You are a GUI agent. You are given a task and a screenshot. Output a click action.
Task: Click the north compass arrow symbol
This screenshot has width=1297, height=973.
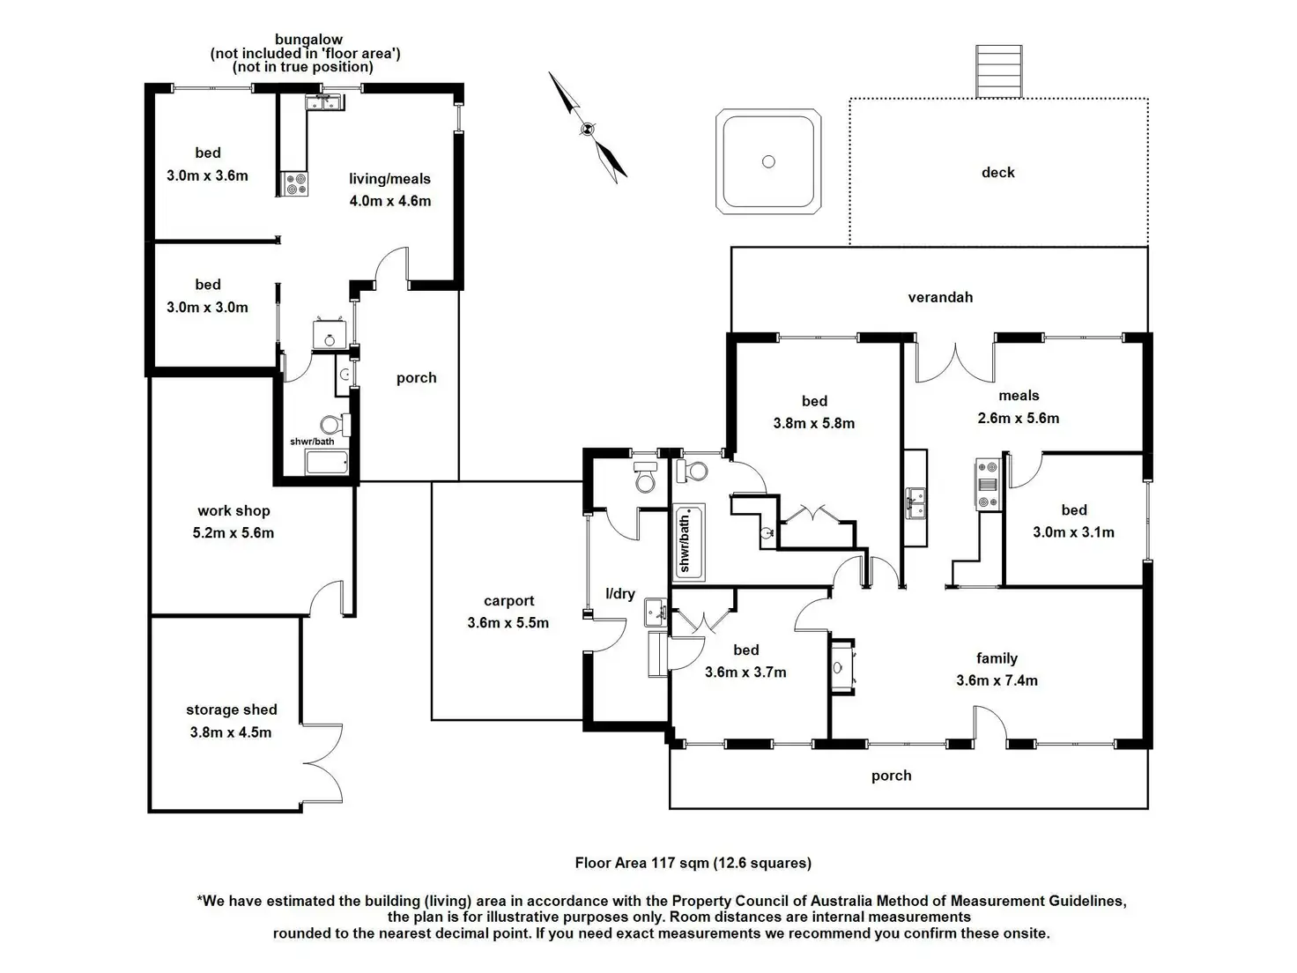point(588,128)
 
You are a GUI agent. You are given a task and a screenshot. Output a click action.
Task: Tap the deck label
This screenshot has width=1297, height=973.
point(997,173)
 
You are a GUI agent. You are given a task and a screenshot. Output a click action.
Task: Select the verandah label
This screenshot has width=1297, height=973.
point(940,297)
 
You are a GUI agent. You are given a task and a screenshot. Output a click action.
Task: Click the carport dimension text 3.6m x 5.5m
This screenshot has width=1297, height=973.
point(508,623)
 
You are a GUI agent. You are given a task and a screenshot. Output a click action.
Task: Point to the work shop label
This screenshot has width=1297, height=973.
point(233,510)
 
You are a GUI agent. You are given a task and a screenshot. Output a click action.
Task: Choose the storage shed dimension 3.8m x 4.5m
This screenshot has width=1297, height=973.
point(231,732)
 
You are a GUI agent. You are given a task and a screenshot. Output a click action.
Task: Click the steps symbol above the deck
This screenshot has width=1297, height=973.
point(998,71)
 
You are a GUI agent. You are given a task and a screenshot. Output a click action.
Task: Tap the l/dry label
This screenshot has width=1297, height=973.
point(619,594)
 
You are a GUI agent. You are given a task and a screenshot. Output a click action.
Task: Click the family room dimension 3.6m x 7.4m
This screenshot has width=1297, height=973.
point(997,680)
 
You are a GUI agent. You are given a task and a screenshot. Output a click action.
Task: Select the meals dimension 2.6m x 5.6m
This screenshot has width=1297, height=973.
point(1018,419)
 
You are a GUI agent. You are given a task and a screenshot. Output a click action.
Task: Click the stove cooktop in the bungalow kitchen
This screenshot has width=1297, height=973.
point(293,183)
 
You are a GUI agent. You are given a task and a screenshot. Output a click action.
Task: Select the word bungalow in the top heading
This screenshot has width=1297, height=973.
point(308,40)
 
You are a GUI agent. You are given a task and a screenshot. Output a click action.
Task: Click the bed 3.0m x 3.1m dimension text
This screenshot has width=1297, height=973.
point(1073,532)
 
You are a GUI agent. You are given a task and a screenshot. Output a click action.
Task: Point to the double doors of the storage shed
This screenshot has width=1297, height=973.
point(322,763)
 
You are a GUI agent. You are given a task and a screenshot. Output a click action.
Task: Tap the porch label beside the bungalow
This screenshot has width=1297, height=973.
point(416,378)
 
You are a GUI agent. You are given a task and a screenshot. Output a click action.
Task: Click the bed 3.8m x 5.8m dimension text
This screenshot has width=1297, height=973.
point(813,424)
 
